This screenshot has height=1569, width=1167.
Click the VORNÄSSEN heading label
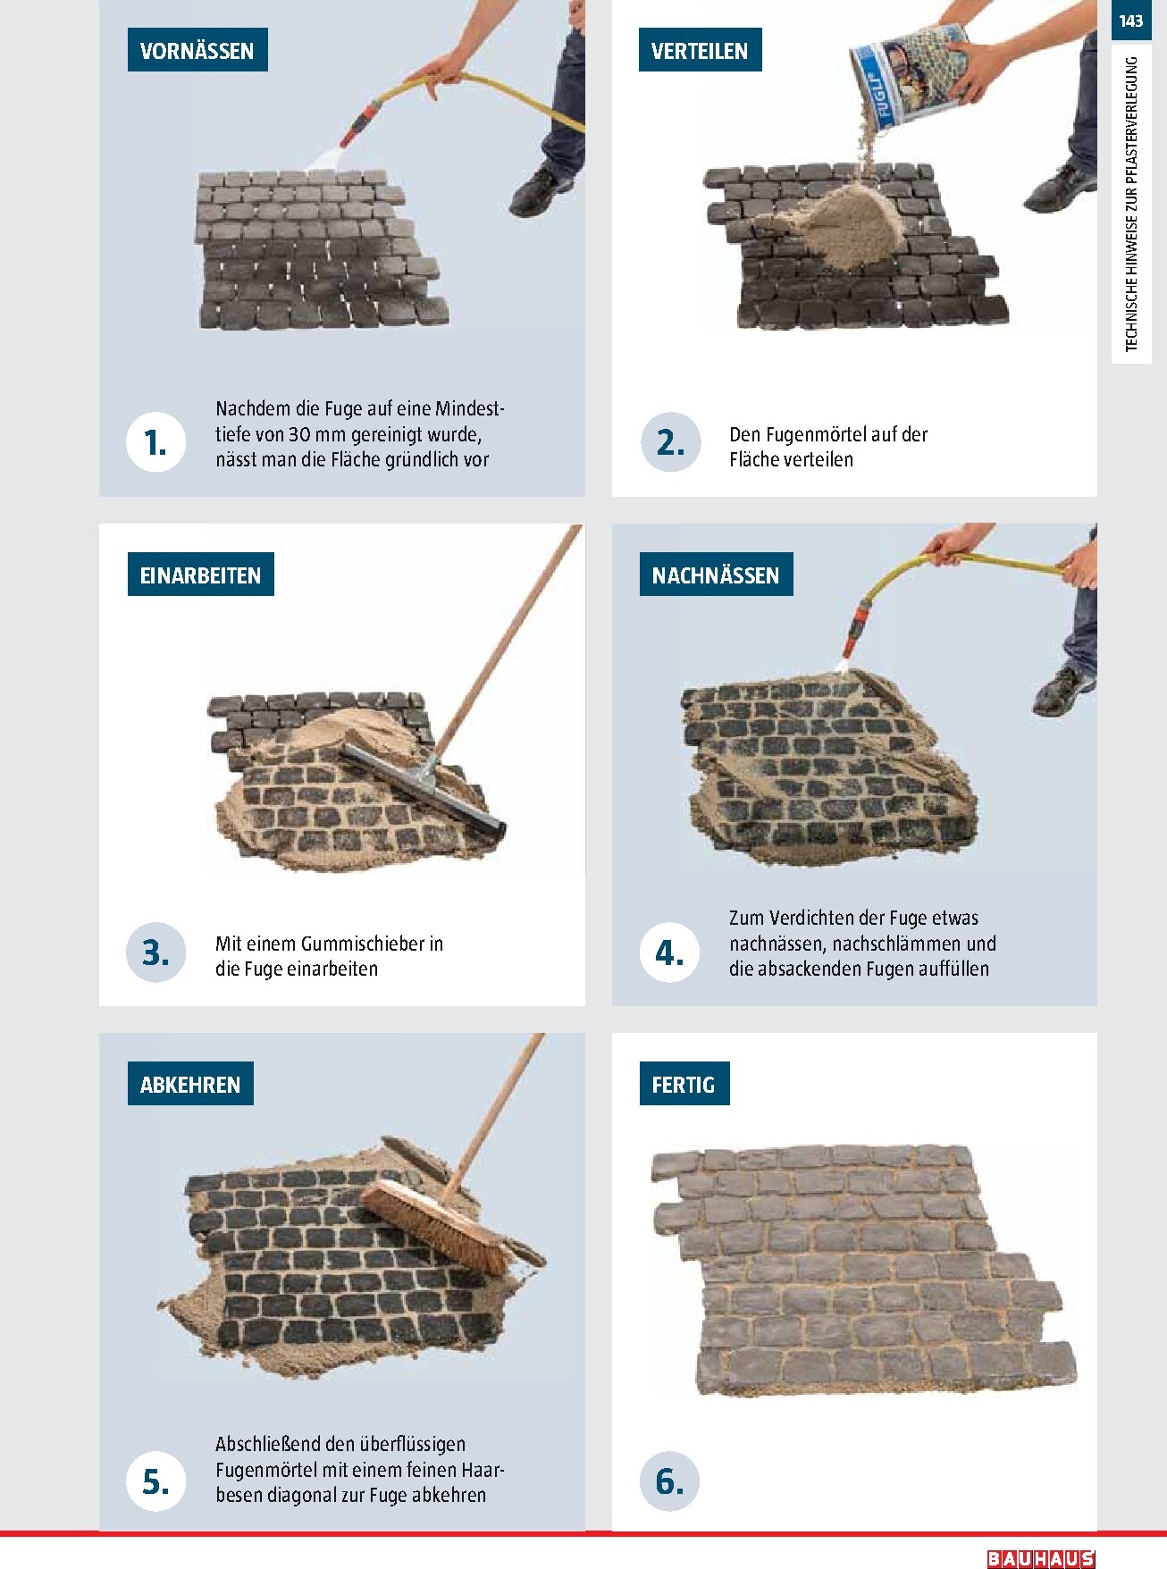point(197,51)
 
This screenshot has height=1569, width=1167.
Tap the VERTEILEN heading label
point(700,51)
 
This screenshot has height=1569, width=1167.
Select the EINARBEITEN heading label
point(200,575)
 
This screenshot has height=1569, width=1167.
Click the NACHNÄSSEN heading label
point(716,575)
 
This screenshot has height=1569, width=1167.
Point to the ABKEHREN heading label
point(190,1084)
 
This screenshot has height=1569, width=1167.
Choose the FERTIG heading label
point(684,1084)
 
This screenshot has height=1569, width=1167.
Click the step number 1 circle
point(156,442)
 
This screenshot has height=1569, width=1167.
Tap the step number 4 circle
point(669,952)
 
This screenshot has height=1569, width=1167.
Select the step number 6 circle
point(669,1481)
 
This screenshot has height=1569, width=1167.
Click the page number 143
point(1130,20)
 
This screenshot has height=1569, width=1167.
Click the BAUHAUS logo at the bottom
point(1041,1558)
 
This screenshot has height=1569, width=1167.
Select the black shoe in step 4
point(1063,691)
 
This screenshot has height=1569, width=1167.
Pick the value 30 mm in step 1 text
point(315,434)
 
